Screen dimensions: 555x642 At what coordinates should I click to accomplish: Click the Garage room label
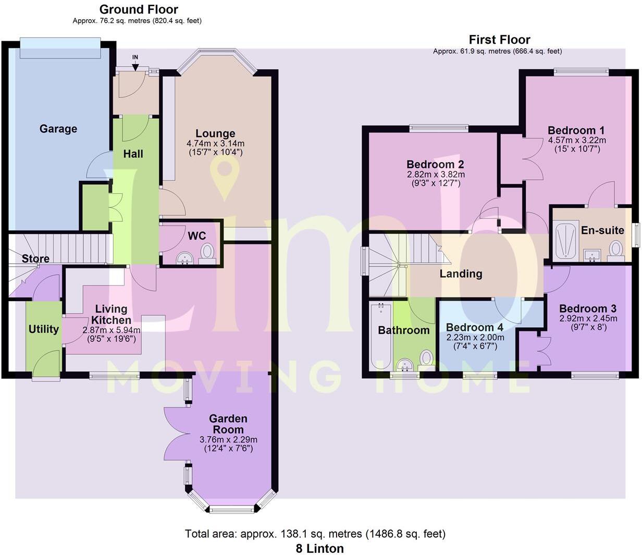pos(58,129)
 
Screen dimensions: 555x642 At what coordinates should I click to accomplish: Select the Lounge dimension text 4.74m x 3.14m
pos(215,143)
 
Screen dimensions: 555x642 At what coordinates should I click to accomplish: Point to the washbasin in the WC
pos(184,258)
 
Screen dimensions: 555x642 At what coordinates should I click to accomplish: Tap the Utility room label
pos(43,329)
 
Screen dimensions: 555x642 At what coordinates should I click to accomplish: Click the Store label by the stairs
pos(35,258)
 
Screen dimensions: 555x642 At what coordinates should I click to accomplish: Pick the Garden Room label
pos(228,424)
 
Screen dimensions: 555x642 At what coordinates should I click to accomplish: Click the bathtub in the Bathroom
pos(380,336)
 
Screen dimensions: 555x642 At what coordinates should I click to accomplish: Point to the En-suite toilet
pos(616,249)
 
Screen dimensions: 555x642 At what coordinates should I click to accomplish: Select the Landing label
pos(461,274)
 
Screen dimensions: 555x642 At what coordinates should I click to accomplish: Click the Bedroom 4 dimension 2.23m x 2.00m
pos(475,337)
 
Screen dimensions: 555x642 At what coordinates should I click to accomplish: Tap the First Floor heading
pos(499,40)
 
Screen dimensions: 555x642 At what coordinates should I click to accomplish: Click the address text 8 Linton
pos(319,548)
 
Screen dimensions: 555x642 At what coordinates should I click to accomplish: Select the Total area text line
pos(315,534)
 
